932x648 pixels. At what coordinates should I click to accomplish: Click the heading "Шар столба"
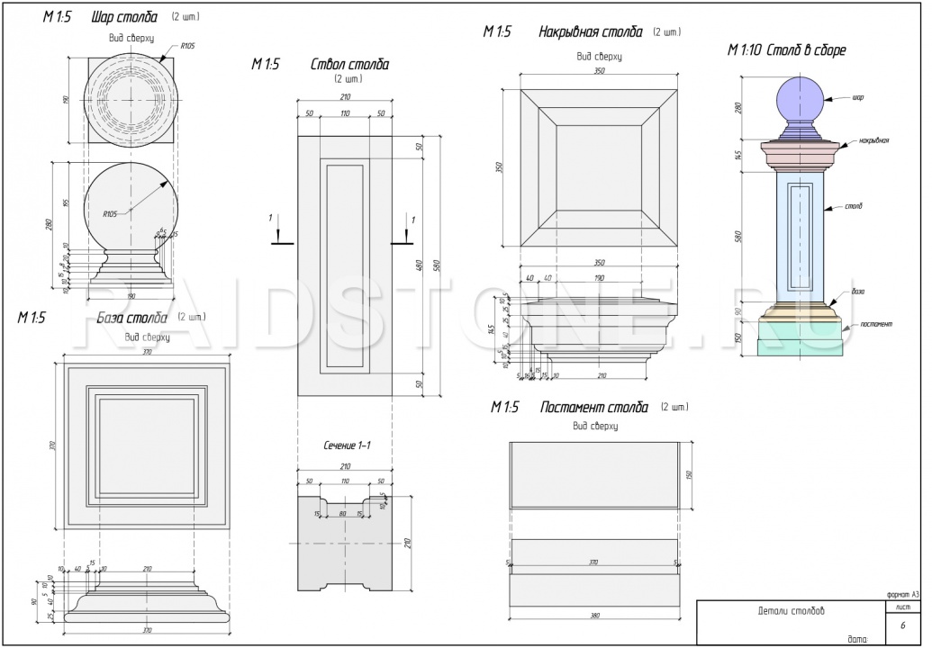[x=123, y=18]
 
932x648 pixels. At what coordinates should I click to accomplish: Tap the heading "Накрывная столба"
[x=590, y=32]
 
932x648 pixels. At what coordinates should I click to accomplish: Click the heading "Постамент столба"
[x=593, y=408]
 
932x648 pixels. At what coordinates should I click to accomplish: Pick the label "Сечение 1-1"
[x=347, y=446]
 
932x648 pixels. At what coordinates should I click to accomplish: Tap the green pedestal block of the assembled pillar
[x=795, y=341]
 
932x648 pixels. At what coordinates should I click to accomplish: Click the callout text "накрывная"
[x=873, y=140]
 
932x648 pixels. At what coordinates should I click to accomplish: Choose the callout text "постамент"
[x=875, y=323]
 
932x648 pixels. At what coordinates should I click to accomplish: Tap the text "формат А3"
[x=902, y=594]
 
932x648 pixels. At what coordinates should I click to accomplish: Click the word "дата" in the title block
[x=856, y=639]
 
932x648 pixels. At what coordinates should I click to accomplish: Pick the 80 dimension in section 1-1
[x=343, y=515]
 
